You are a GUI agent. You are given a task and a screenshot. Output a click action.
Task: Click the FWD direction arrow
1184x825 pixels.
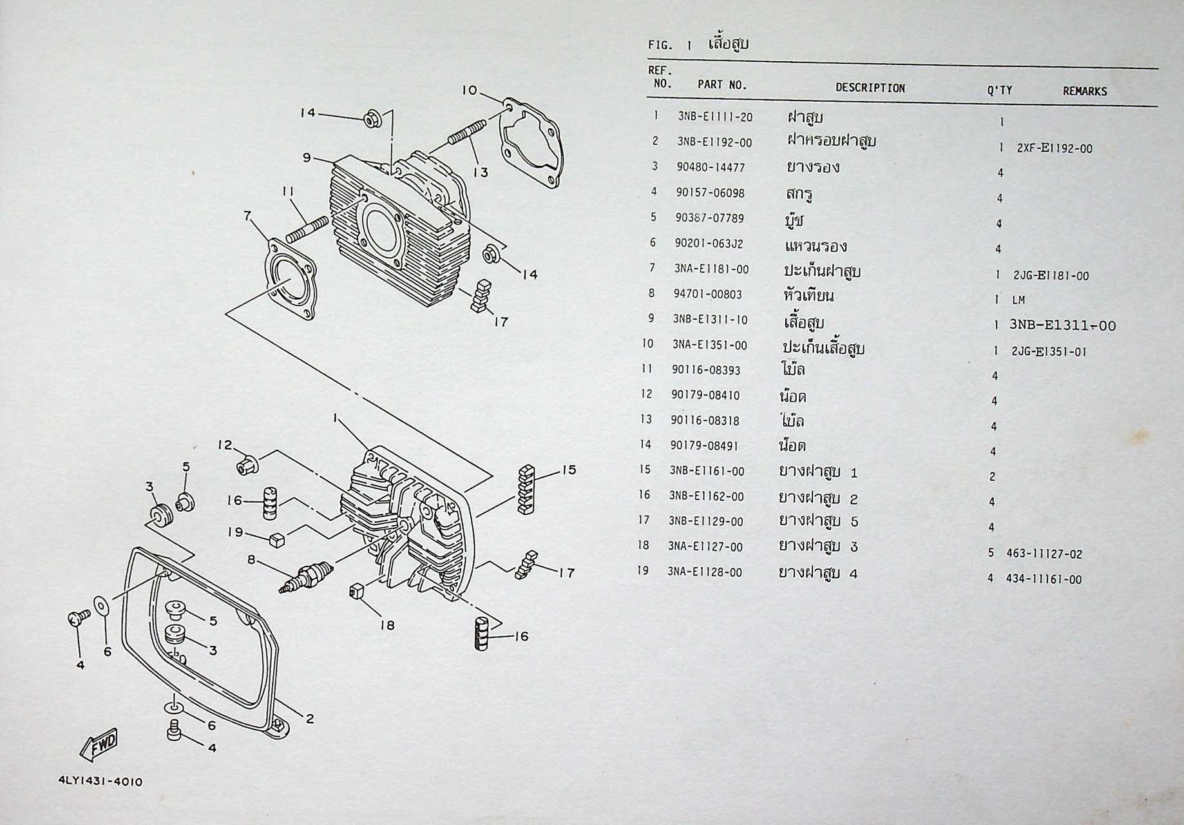coord(99,744)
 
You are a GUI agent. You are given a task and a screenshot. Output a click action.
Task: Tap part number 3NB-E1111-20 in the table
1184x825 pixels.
coord(714,117)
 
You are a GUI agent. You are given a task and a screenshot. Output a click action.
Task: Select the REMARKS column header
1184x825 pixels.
coord(1084,92)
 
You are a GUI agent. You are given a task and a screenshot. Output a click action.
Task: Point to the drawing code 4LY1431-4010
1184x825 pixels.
coord(100,782)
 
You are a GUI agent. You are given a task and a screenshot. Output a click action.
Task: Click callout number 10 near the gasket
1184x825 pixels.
coord(470,90)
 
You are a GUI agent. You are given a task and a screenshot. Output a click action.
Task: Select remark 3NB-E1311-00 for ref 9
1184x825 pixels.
coord(1062,325)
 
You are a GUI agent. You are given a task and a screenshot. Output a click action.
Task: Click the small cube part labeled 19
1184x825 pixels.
coord(278,539)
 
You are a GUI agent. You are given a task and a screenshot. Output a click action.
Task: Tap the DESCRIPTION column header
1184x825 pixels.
coord(870,88)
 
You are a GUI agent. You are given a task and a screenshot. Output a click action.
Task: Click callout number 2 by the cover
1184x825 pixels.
coord(309,719)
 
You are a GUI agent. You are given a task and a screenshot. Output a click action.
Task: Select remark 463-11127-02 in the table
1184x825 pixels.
coord(1044,554)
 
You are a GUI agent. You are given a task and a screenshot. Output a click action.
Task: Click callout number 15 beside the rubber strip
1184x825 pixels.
coord(568,470)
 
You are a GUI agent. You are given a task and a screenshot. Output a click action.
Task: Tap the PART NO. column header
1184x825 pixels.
coord(721,84)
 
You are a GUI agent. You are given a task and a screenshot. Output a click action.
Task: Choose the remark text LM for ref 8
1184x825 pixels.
coord(1018,300)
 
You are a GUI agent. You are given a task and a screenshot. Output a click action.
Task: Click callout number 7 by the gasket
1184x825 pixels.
coord(247,215)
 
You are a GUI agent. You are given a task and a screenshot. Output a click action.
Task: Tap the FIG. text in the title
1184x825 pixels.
coord(660,45)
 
